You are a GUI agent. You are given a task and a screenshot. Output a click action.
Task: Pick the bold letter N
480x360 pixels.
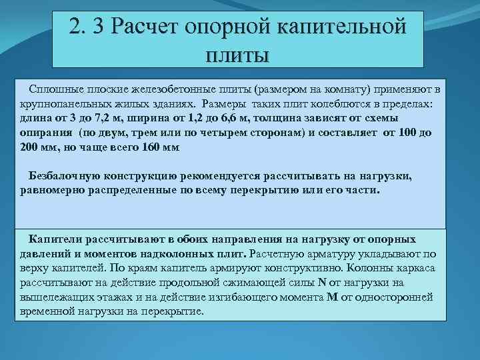click(322, 281)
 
